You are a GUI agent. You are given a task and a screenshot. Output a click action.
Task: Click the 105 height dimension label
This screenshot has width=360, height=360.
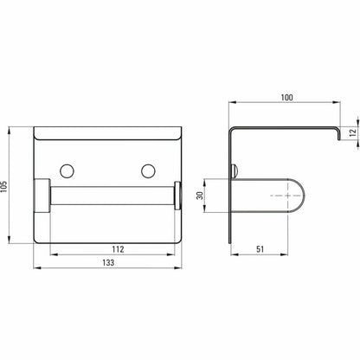coord(3,187)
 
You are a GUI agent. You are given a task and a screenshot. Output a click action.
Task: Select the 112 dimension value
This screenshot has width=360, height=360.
coord(118,249)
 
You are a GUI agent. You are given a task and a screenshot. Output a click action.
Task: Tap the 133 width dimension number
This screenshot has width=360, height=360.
coord(108,262)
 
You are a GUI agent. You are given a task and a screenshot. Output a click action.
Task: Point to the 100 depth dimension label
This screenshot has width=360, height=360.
coord(286,98)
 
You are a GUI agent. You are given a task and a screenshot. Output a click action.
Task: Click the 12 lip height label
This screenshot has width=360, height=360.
coord(352,132)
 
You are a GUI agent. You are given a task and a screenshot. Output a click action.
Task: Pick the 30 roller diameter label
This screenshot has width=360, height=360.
coord(200,196)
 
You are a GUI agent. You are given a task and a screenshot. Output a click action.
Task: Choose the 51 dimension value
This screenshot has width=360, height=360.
coord(260,249)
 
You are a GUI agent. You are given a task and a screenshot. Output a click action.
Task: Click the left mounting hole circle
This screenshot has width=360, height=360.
coord(67,171)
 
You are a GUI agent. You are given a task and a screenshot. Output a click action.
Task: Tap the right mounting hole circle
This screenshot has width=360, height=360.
coord(148,171)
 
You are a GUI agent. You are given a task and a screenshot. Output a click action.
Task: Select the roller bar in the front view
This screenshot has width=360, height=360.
coord(112,196)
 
